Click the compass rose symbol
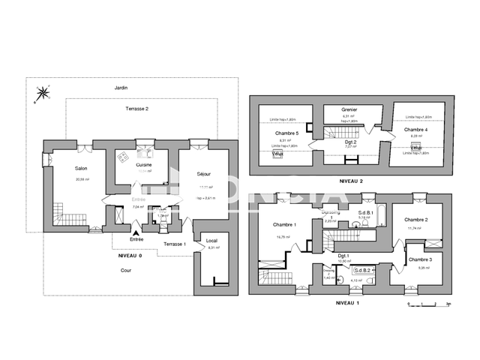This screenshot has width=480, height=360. click(x=43, y=94)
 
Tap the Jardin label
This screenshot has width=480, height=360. click(x=121, y=88)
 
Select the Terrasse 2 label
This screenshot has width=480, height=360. click(x=137, y=109)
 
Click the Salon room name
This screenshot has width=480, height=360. click(x=82, y=169)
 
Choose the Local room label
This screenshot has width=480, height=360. click(x=211, y=241)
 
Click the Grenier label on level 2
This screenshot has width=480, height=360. click(x=349, y=109)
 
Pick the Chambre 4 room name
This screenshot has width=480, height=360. click(x=416, y=129)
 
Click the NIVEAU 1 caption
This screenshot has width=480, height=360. click(x=347, y=302)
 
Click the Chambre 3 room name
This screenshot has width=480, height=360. click(x=420, y=259)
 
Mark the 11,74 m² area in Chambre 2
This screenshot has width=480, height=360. click(x=416, y=228)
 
